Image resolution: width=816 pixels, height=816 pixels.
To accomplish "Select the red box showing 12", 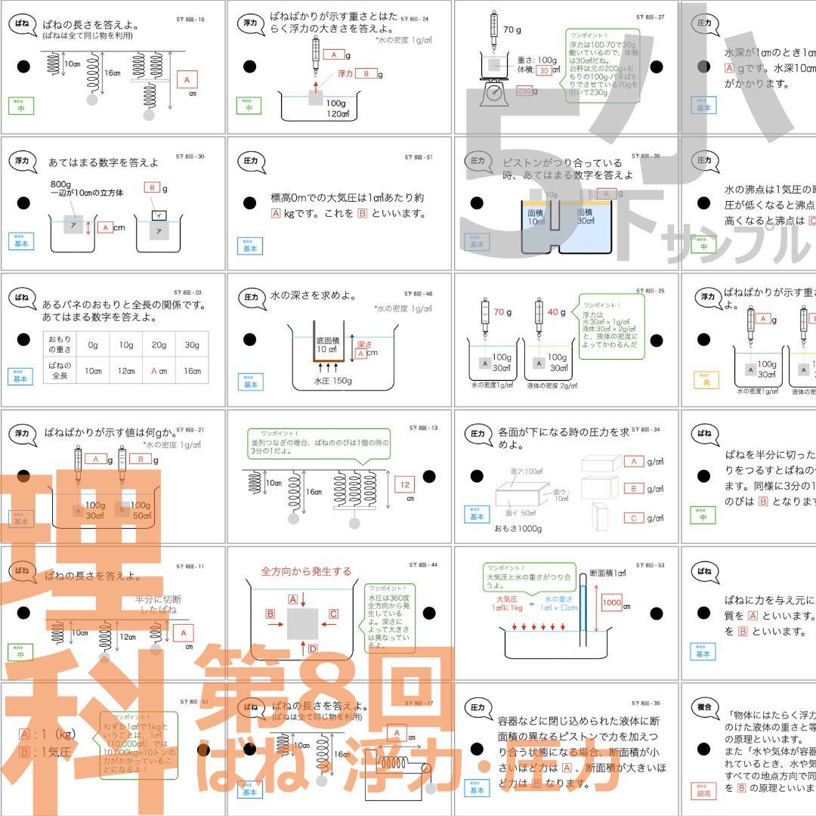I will click(405, 485).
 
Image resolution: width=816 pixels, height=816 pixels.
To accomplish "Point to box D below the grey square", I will click(313, 648).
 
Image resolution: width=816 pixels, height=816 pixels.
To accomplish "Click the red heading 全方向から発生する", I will click(306, 571).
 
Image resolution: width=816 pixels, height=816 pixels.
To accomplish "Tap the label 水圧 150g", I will click(333, 381).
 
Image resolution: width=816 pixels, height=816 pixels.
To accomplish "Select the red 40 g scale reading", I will click(556, 312).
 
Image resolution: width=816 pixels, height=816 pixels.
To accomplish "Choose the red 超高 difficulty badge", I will click(704, 790).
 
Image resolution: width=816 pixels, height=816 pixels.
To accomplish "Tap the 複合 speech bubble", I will click(704, 707).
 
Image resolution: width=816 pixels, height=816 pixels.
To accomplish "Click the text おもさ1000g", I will click(518, 528).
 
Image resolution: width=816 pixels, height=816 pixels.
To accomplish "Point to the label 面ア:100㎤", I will click(527, 471).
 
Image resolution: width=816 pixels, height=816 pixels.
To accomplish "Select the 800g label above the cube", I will click(60, 184).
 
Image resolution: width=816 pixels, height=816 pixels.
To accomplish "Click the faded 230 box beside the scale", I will click(525, 91).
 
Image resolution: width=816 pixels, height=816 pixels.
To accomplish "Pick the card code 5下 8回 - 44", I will click(423, 564).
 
